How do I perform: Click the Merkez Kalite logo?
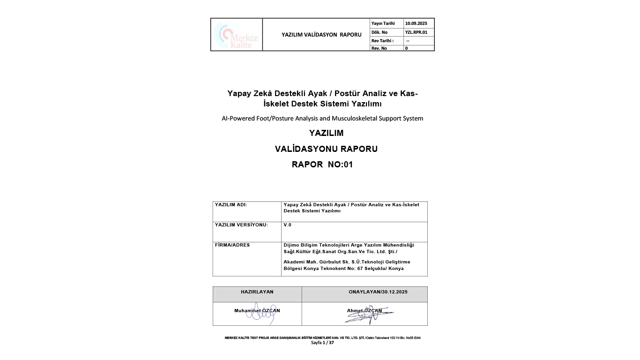[x=236, y=35]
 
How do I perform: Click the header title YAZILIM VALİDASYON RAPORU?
[x=321, y=35]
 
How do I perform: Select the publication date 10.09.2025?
[x=416, y=23]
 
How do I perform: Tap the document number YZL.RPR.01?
[x=416, y=32]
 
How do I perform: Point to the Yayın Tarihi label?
[x=383, y=23]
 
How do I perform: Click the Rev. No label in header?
[x=379, y=48]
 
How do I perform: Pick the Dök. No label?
[x=380, y=32]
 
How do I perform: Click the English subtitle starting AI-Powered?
[x=322, y=119]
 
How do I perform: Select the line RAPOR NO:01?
[x=322, y=165]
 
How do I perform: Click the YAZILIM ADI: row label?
[x=231, y=205]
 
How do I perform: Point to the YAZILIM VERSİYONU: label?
[x=241, y=225]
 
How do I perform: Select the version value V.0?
[x=287, y=225]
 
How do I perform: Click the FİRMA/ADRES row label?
[x=232, y=245]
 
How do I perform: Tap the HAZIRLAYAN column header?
[x=257, y=292]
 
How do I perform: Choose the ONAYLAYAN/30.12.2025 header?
[x=378, y=292]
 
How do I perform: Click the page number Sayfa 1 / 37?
[x=322, y=343]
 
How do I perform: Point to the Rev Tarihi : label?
[x=382, y=41]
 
